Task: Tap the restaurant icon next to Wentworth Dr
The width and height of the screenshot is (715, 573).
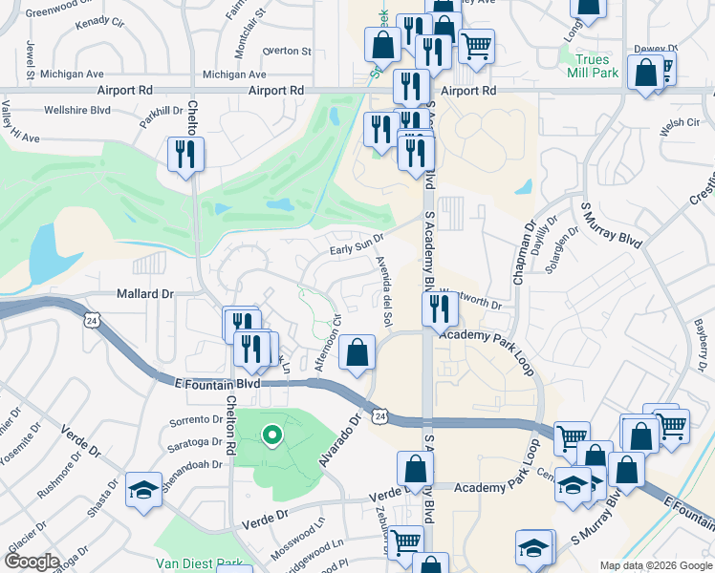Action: pyautogui.click(x=438, y=308)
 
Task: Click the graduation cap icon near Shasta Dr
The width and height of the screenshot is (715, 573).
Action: pyautogui.click(x=143, y=491)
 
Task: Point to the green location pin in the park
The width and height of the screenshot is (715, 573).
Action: pyautogui.click(x=271, y=436)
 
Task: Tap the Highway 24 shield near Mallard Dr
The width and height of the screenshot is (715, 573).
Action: pyautogui.click(x=89, y=315)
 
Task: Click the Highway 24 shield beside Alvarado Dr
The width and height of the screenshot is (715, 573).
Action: pyautogui.click(x=380, y=416)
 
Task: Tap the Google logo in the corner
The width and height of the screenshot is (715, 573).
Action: pyautogui.click(x=31, y=562)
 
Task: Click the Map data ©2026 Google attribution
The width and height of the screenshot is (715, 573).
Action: pyautogui.click(x=655, y=565)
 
